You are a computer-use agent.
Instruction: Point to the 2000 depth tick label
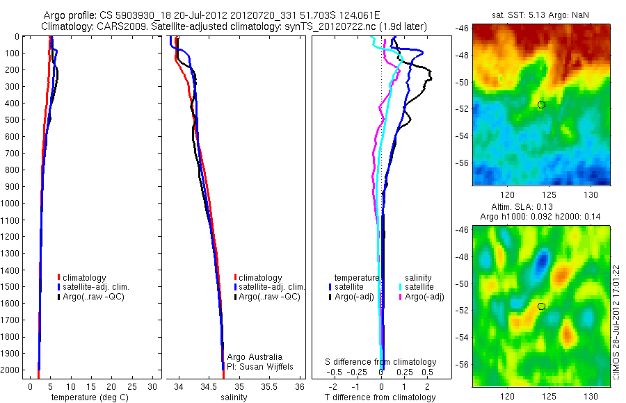11,371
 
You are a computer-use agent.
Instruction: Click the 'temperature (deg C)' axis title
87,397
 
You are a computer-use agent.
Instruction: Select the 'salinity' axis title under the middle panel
234,397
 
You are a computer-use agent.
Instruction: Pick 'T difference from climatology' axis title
380,397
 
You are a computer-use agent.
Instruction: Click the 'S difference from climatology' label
381,362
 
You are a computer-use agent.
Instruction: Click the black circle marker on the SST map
541,105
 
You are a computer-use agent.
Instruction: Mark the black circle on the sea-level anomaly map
541,306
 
